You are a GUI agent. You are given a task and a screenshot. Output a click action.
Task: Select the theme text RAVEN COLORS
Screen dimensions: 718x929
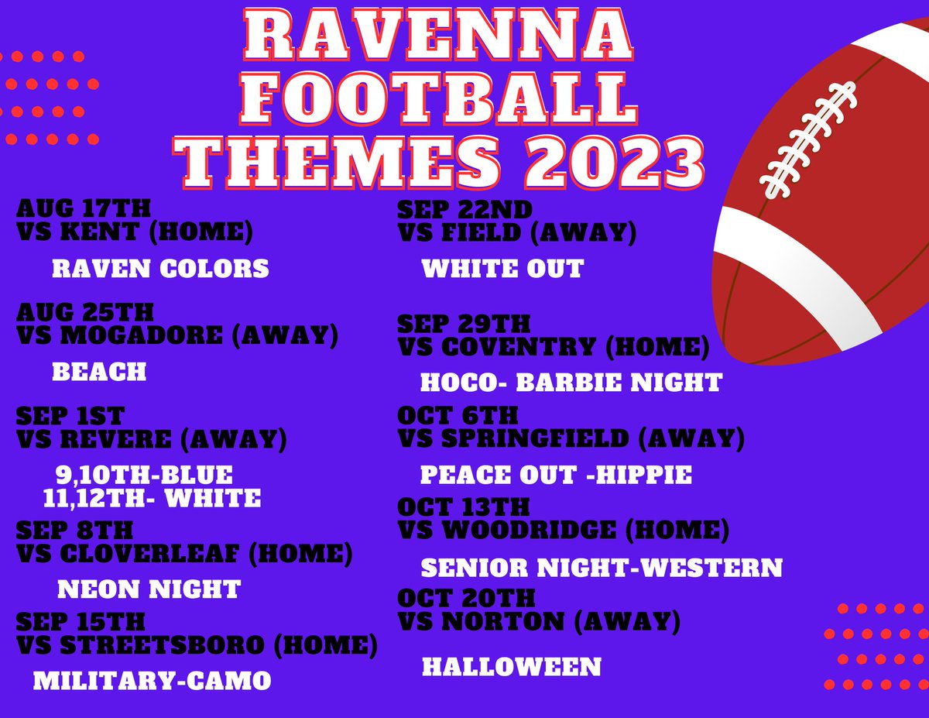pyautogui.click(x=160, y=269)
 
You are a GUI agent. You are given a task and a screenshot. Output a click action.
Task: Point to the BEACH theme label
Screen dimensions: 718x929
pyautogui.click(x=99, y=372)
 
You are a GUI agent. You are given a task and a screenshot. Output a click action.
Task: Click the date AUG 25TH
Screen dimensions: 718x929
pyautogui.click(x=85, y=313)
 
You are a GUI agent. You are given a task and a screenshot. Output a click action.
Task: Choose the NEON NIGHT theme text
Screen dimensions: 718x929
pyautogui.click(x=149, y=589)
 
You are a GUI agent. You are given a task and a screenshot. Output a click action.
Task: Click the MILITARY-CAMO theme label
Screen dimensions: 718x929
pyautogui.click(x=152, y=681)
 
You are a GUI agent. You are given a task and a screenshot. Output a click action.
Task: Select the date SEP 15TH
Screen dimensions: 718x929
pyautogui.click(x=80, y=622)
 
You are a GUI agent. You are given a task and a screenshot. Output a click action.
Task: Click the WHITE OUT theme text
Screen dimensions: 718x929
pyautogui.click(x=502, y=269)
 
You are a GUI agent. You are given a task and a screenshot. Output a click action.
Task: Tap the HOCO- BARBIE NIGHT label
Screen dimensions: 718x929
pyautogui.click(x=571, y=382)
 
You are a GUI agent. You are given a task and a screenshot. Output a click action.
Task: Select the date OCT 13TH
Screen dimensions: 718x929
pyautogui.click(x=463, y=507)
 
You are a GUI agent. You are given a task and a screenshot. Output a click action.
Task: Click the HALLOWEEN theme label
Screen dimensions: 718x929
pyautogui.click(x=512, y=666)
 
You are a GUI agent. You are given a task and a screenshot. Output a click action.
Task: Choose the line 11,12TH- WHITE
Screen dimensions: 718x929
pyautogui.click(x=153, y=498)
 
